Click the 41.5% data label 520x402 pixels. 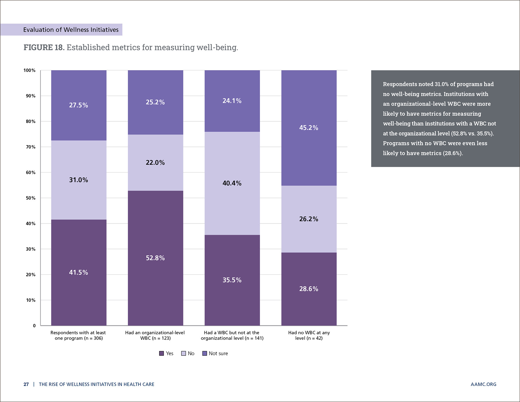pyautogui.click(x=79, y=272)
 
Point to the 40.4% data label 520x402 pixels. pyautogui.click(x=232, y=183)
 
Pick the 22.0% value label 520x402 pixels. pyautogui.click(x=155, y=163)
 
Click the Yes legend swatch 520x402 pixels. pyautogui.click(x=161, y=354)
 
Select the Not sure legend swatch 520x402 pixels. pyautogui.click(x=205, y=354)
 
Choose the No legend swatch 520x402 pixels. pyautogui.click(x=184, y=354)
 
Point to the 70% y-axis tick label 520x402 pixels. pyautogui.click(x=31, y=147)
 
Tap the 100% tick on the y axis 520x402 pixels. pyautogui.click(x=30, y=70)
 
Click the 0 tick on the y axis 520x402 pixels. pyautogui.click(x=34, y=326)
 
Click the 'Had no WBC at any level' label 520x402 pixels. pyautogui.click(x=309, y=335)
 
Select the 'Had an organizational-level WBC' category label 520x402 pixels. pyautogui.click(x=155, y=335)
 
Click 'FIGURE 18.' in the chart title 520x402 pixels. pyautogui.click(x=44, y=47)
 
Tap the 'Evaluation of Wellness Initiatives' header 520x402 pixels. pyautogui.click(x=71, y=30)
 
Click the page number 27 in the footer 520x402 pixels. pyautogui.click(x=26, y=384)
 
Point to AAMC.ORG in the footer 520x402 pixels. pyautogui.click(x=483, y=384)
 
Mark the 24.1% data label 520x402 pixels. pyautogui.click(x=232, y=101)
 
